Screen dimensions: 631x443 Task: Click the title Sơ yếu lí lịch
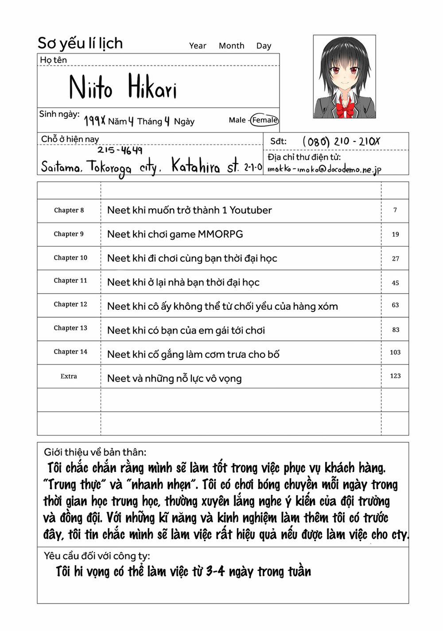(x=80, y=43)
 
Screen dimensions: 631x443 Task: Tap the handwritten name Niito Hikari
(x=123, y=87)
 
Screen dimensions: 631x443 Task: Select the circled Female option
(x=264, y=120)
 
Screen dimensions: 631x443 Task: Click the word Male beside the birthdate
(x=237, y=120)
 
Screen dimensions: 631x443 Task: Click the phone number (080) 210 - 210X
(x=341, y=141)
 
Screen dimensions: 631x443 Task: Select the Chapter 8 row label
(x=69, y=210)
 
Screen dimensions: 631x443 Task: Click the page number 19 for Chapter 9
(x=395, y=234)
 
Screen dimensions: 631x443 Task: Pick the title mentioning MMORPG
(x=175, y=234)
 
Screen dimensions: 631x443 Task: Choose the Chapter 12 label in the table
(x=70, y=304)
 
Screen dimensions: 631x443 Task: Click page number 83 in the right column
(x=396, y=330)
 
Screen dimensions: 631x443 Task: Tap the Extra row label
(x=69, y=376)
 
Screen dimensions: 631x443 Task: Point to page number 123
(x=395, y=376)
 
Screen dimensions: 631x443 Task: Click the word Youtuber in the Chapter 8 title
(x=251, y=210)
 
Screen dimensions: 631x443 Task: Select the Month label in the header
(x=231, y=46)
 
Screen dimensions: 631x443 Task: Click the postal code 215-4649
(x=120, y=150)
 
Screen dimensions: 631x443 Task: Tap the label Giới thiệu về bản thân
(x=95, y=452)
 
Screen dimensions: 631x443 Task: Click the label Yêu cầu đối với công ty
(x=97, y=556)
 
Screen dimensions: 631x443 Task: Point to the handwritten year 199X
(x=94, y=121)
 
